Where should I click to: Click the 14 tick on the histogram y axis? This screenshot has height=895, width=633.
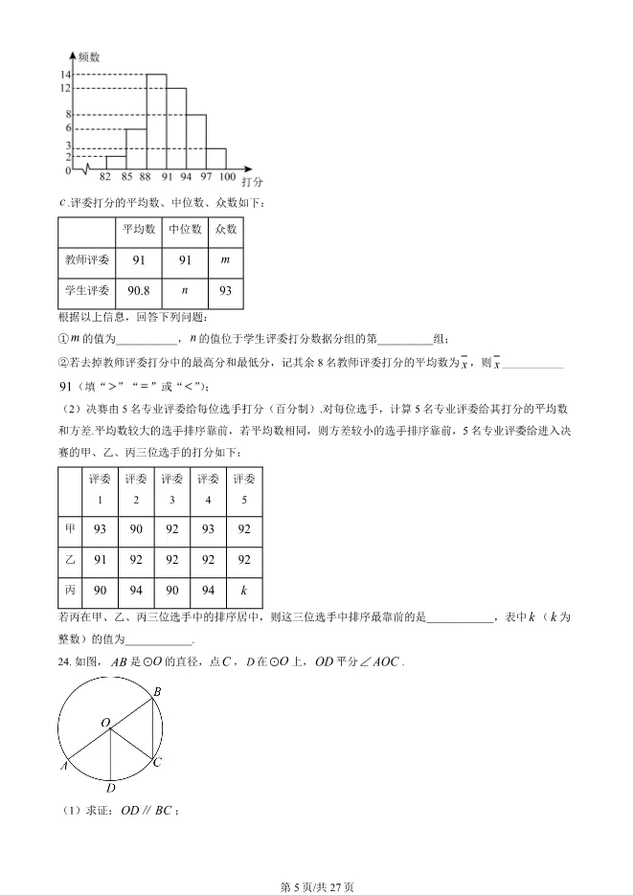[65, 75]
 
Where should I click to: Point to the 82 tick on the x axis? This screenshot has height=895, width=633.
[104, 177]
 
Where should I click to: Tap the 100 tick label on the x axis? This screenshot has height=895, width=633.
[227, 177]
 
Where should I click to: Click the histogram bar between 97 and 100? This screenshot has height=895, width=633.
[216, 159]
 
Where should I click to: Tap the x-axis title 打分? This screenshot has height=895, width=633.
[252, 181]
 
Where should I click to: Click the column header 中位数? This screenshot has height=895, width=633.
[185, 230]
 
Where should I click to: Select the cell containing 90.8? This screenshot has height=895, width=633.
[140, 290]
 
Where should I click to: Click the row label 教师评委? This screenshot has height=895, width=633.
[87, 259]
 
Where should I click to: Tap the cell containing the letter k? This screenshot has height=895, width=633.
[244, 591]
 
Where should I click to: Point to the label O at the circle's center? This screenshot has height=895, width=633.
[104, 722]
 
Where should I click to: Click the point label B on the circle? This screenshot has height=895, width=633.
[157, 690]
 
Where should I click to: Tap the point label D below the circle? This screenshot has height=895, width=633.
[111, 788]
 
